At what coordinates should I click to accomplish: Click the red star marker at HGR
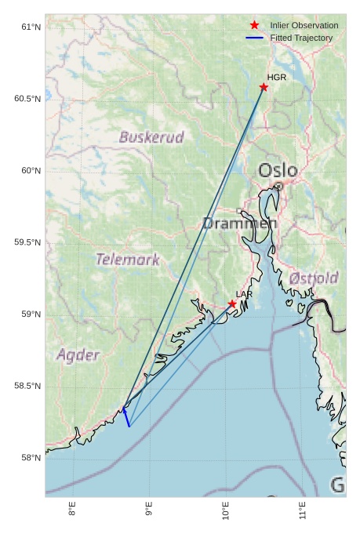coord(264,87)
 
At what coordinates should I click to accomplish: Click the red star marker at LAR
coord(232,304)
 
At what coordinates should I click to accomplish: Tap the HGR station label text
coord(276,78)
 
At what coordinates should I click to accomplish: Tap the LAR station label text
coord(244,295)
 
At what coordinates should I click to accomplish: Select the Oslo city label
coord(278,170)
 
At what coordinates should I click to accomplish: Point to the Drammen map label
coord(239,223)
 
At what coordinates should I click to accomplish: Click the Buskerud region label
coord(151,137)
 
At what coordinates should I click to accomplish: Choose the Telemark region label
coord(127,259)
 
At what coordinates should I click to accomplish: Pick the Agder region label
coord(78,355)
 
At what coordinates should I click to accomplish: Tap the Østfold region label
coord(314,278)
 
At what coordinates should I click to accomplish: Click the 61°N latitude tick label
coord(30,27)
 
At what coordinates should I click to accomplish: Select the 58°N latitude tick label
coord(30,458)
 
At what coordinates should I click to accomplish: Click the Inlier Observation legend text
coord(304,26)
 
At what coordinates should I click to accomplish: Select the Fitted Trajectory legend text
coord(301,38)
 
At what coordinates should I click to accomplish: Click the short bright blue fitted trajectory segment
coord(126,417)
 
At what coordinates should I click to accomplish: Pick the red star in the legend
coord(254,26)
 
